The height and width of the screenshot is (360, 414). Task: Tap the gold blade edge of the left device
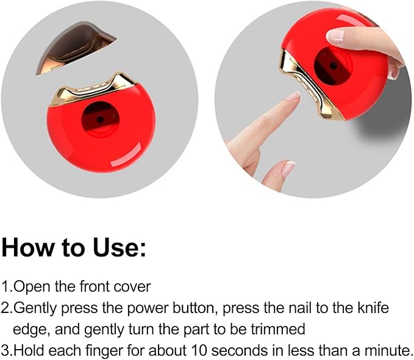pos(93,89)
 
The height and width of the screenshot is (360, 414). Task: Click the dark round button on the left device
pos(101,120)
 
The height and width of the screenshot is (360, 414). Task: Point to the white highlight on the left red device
pos(126,155)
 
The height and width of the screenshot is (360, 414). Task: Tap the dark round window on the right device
pos(333,66)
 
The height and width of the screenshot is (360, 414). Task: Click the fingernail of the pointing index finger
pos(294,95)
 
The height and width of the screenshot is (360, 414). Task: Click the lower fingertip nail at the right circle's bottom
pos(288,168)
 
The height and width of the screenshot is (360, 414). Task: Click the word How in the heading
pos(27,247)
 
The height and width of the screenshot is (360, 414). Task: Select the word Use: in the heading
pos(119,247)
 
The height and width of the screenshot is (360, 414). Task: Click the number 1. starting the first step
pos(7,287)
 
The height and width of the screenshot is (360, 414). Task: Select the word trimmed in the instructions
pos(278,329)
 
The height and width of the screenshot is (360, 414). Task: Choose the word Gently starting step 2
pos(35,309)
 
